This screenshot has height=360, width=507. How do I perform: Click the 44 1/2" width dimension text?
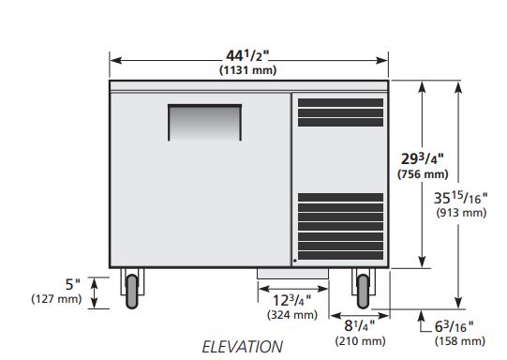click(x=247, y=55)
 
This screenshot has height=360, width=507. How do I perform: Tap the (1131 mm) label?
click(x=248, y=70)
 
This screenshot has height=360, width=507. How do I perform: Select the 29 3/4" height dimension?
click(x=423, y=158)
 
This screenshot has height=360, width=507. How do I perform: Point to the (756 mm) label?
click(x=423, y=174)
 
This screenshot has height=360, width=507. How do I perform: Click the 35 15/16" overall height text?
click(x=460, y=198)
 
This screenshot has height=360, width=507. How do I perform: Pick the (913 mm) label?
click(x=461, y=213)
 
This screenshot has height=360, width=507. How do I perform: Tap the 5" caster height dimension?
click(x=73, y=284)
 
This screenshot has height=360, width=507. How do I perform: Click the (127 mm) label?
click(x=56, y=298)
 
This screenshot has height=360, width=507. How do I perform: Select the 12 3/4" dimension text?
click(x=292, y=301)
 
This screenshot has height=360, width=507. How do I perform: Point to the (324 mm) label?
click(x=292, y=315)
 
